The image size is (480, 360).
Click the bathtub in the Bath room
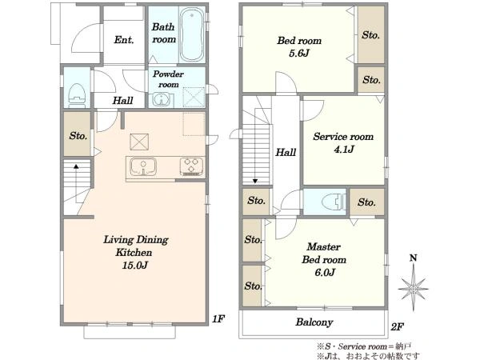coord(192,34)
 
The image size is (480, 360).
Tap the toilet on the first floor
coord(77,95)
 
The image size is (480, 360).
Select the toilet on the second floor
coord(334,202)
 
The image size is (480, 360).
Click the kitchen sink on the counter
coord(143,166)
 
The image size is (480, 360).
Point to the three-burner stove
coord(192,166)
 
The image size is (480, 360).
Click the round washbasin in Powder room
coord(159,99)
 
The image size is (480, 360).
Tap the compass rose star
coord(413,288)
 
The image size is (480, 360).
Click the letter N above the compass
coord(414,258)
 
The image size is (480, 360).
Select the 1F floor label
coord(218,319)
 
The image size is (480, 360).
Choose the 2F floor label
coord(397,326)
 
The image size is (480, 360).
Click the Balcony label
coord(314,322)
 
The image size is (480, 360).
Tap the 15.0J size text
coord(135,265)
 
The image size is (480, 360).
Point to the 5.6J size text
coord(299,53)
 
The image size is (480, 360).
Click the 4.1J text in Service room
coord(344,149)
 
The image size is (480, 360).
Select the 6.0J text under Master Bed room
coord(325,272)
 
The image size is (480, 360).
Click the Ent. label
coord(124,40)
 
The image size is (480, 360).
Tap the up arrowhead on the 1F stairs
coord(76,166)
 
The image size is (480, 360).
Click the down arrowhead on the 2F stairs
coord(255,181)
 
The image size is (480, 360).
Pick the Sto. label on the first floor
coord(78,136)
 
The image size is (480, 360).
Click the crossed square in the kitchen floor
coord(139,142)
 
